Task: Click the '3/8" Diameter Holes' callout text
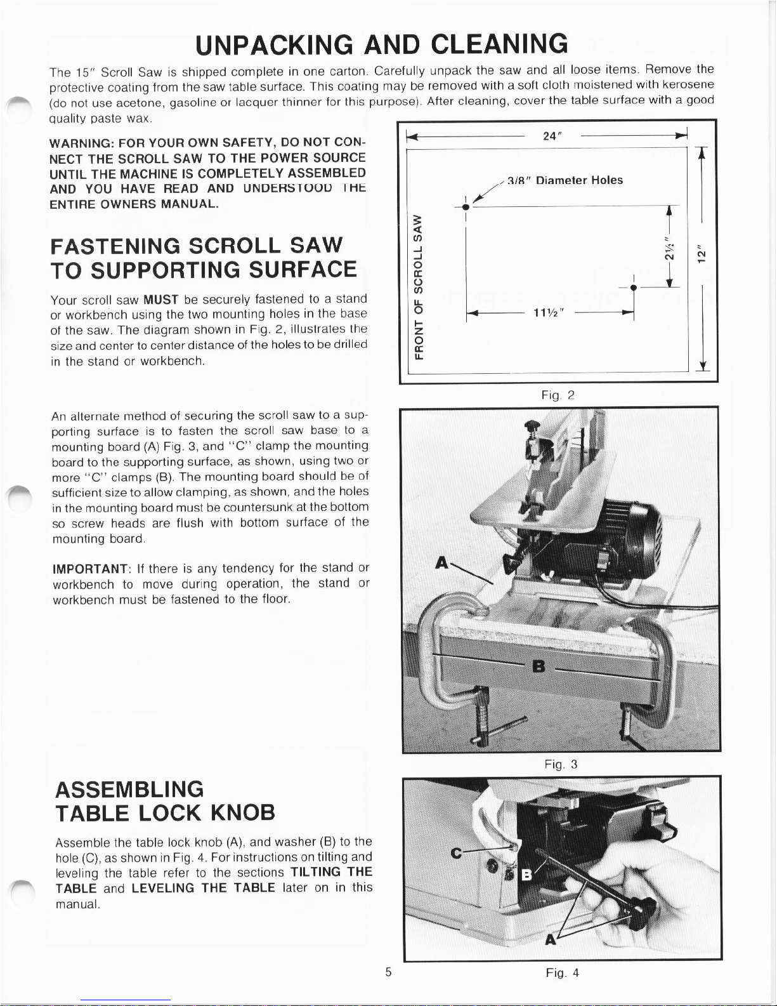coord(570,180)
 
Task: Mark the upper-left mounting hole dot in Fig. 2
coord(466,207)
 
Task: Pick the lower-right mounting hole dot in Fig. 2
coord(634,288)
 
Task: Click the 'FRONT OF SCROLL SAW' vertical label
coord(417,287)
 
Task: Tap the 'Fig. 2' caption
coord(558,395)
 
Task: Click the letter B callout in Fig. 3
coord(539,666)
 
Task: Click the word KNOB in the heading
coord(243,812)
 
